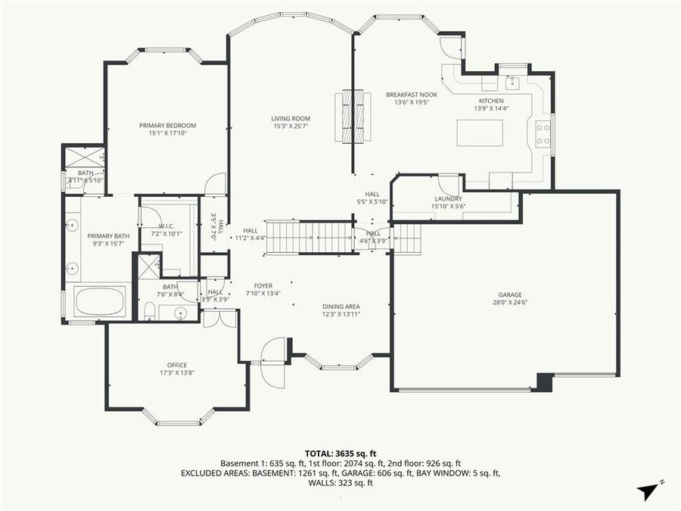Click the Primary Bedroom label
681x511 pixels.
(x=167, y=126)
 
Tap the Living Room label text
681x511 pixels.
(x=291, y=119)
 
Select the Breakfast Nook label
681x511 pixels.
(x=407, y=95)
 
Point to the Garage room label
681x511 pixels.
(x=509, y=295)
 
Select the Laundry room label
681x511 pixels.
(x=448, y=199)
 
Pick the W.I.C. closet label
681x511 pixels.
(x=167, y=226)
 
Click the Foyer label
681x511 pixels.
(x=263, y=286)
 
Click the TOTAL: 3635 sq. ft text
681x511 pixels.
(x=340, y=453)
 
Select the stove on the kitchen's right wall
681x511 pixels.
(x=543, y=134)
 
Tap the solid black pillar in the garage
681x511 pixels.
(x=543, y=382)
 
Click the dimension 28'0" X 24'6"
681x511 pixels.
(x=509, y=303)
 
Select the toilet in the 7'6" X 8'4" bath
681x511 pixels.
(x=151, y=310)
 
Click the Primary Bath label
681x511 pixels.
(x=108, y=236)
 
